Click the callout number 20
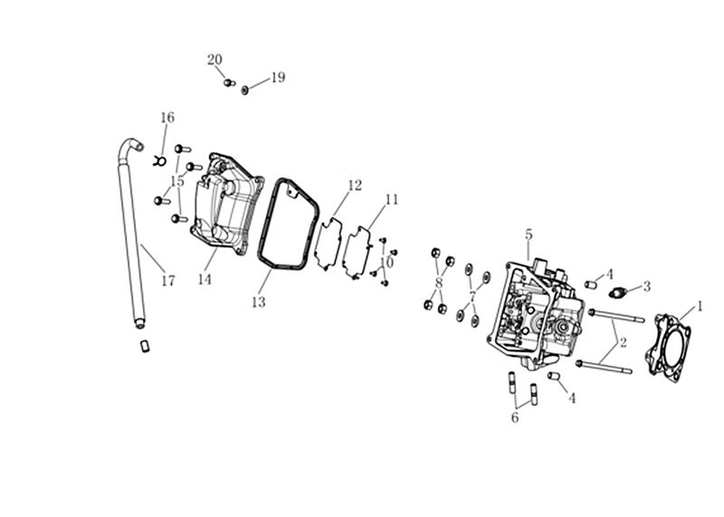click(x=214, y=60)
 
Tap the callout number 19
click(x=278, y=77)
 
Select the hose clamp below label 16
click(x=160, y=161)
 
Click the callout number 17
click(x=168, y=280)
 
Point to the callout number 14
click(x=205, y=279)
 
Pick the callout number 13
click(x=259, y=302)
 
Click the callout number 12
click(x=355, y=186)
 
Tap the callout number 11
click(x=392, y=199)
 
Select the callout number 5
click(x=529, y=235)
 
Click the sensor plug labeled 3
click(x=617, y=292)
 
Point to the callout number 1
click(x=700, y=306)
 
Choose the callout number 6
click(x=515, y=417)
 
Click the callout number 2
click(x=623, y=342)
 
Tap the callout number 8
click(x=439, y=282)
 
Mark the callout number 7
click(x=472, y=296)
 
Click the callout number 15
click(x=177, y=181)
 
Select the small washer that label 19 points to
click(x=244, y=90)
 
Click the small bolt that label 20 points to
click(x=229, y=82)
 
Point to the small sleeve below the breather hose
click(x=145, y=346)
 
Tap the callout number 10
click(x=387, y=263)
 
